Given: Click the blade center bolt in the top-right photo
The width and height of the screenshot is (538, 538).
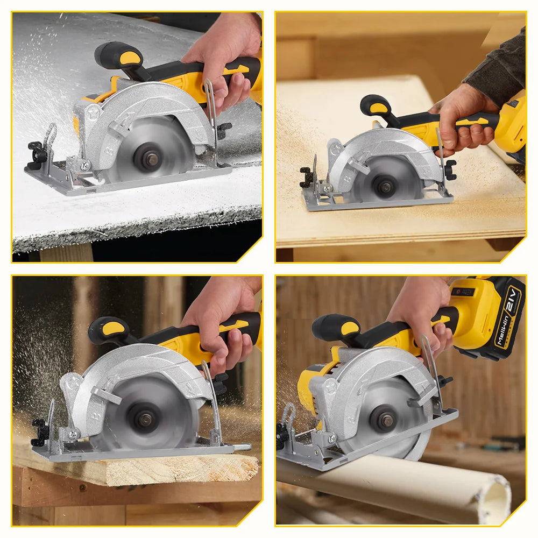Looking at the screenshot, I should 385,187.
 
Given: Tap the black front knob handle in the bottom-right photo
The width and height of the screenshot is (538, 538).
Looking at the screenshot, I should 335,327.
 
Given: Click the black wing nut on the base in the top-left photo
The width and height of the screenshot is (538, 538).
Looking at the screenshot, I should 38,152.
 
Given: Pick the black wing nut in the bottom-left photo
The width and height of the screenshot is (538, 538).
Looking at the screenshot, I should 39,433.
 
